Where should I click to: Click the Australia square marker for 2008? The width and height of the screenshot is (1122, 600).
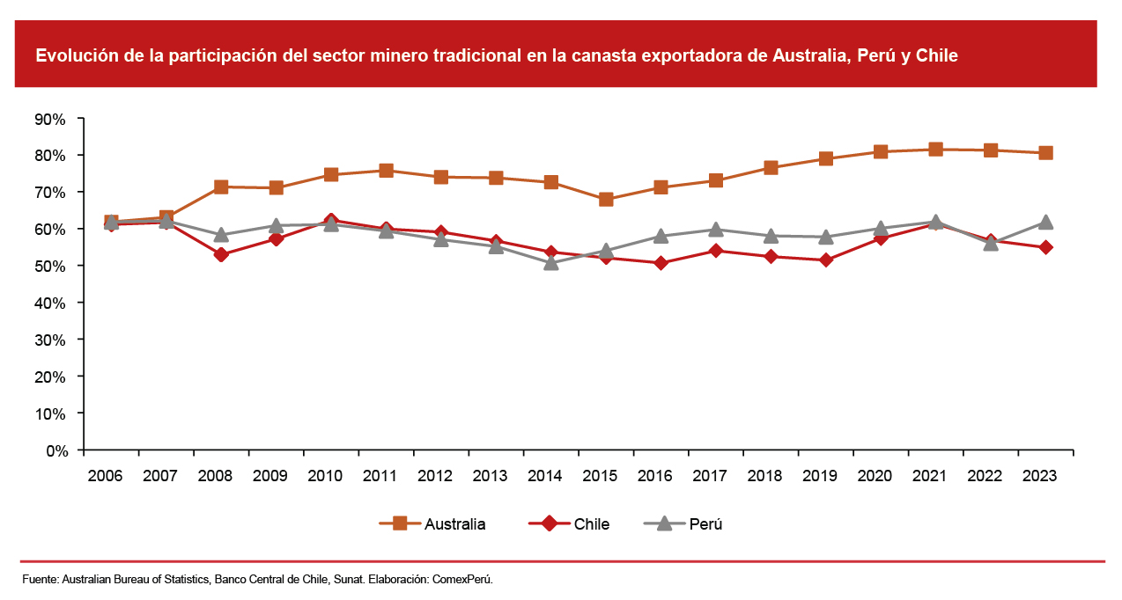coord(221,187)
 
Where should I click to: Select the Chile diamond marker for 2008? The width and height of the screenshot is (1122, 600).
coord(221,254)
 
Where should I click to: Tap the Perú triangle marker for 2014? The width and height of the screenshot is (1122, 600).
coord(551,262)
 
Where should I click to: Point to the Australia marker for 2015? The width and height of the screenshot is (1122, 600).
coord(606,199)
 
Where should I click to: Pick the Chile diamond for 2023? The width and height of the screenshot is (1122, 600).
coord(1045,247)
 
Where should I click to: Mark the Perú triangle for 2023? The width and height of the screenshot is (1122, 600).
coord(1045,222)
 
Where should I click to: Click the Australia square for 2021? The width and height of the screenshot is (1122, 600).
coord(935,150)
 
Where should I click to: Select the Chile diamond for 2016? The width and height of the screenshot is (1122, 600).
coord(661,263)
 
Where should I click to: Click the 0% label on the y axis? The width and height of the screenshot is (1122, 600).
coord(55,450)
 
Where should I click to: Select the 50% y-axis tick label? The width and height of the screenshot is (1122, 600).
coord(51,266)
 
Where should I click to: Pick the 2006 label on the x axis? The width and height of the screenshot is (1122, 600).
coord(105,476)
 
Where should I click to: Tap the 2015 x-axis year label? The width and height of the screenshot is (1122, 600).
coord(600,476)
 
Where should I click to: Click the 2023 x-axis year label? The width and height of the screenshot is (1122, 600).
coord(1039,476)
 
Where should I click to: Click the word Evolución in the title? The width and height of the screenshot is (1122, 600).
coord(73,55)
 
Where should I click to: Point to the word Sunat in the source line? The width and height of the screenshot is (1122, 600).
coord(347,580)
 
